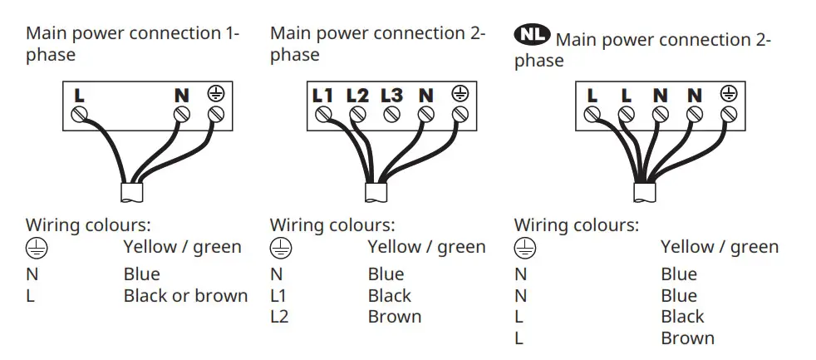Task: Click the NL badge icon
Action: point(532,34)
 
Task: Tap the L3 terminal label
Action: point(391,96)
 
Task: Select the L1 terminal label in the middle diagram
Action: point(322,96)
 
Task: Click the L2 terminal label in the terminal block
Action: point(357,96)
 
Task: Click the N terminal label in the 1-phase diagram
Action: point(181,96)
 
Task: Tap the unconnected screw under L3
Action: point(391,113)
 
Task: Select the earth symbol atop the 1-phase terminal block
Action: point(216,94)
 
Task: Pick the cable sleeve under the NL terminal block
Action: point(644,192)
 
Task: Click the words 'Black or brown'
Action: point(185,295)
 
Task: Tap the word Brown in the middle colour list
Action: point(395,317)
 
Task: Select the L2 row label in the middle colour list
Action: point(279,317)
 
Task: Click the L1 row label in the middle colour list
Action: point(279,295)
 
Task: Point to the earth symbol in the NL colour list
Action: point(524,248)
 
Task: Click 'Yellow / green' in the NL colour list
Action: point(720,247)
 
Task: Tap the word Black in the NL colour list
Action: point(682,317)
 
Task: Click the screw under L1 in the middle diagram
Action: point(322,114)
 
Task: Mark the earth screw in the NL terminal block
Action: point(729,113)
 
